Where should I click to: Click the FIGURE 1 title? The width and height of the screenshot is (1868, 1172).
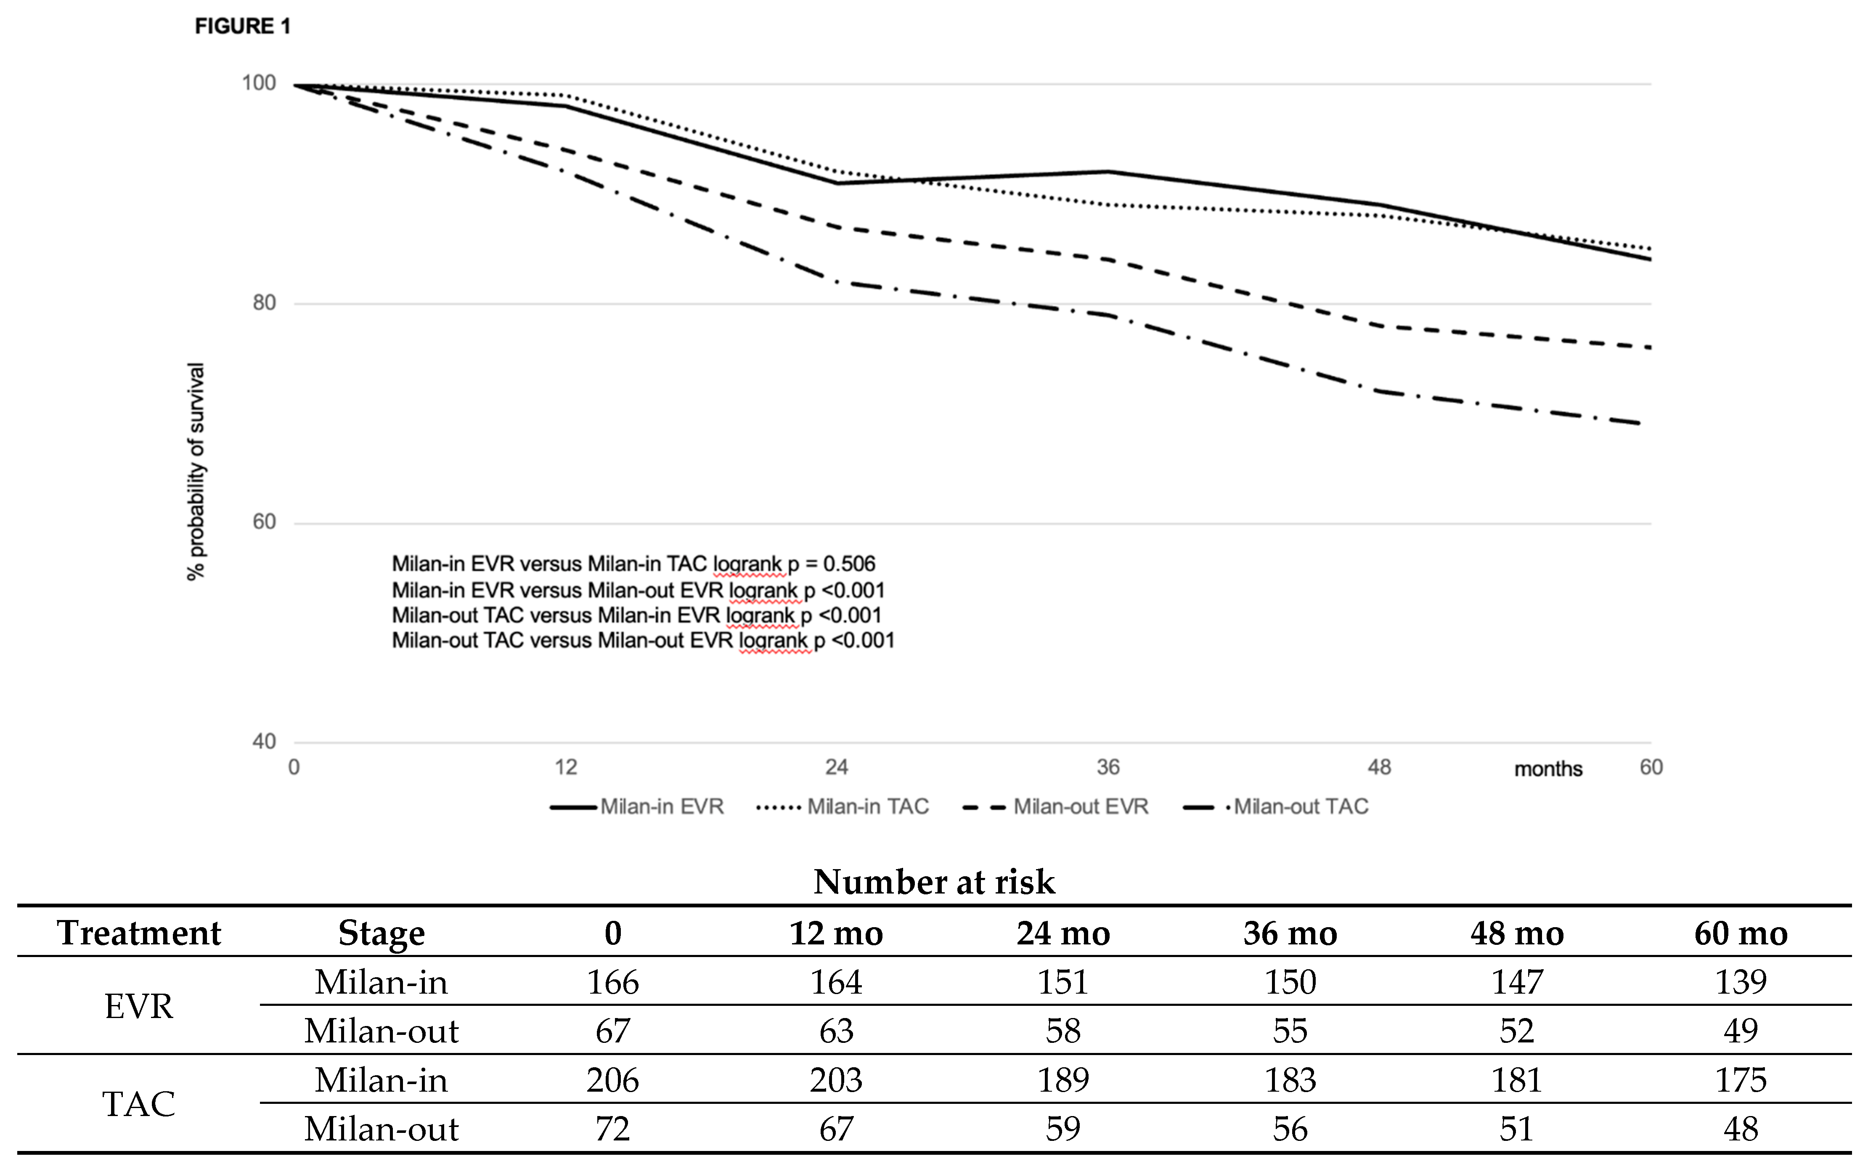coord(243,27)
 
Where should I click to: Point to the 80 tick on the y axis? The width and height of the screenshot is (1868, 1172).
coord(264,303)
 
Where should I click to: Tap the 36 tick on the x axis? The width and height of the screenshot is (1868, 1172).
coord(1108,767)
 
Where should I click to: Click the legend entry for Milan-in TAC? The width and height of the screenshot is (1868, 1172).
coord(843,807)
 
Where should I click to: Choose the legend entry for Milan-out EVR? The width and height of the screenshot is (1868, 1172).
coord(1056,807)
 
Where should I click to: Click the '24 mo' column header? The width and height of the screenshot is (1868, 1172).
coord(1063,933)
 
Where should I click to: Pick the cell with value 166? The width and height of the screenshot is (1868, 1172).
coord(612,982)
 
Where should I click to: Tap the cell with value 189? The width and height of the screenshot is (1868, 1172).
coord(1063,1080)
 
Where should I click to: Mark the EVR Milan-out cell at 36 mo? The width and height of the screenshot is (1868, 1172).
coord(1290,1031)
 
